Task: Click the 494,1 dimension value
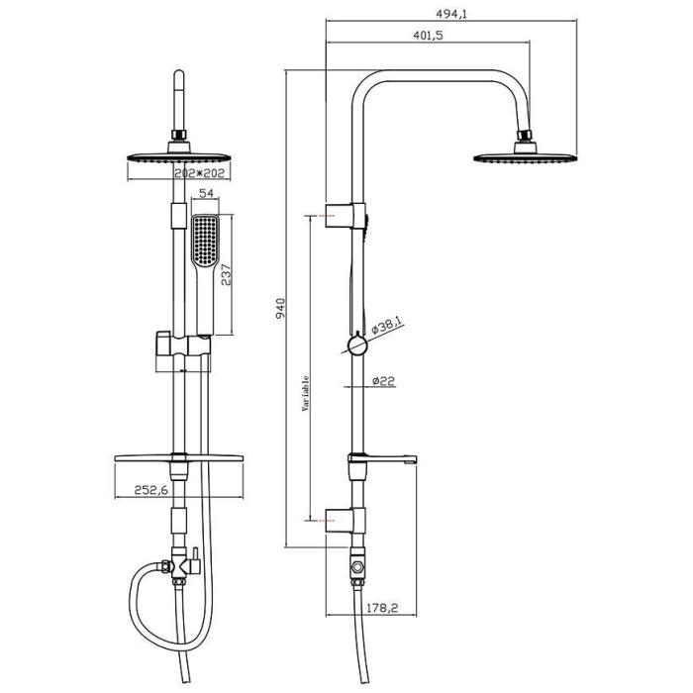click(x=451, y=14)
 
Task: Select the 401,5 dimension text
click(x=428, y=35)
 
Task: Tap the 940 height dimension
click(x=280, y=309)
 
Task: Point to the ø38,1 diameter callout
click(x=387, y=327)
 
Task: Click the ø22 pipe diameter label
click(x=383, y=380)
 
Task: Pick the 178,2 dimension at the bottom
click(x=382, y=608)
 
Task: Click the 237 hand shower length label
click(x=226, y=274)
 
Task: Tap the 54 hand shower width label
click(x=206, y=193)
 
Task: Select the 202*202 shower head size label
click(x=200, y=173)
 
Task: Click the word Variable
click(x=305, y=394)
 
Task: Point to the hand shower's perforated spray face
click(x=205, y=241)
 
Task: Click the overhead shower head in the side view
click(x=526, y=152)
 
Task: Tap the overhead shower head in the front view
click(x=179, y=152)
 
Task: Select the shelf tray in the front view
click(x=179, y=457)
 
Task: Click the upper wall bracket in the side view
click(x=346, y=216)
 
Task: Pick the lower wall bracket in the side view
click(x=346, y=520)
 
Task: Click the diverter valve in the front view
click(x=181, y=565)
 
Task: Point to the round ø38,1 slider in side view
click(x=357, y=345)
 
